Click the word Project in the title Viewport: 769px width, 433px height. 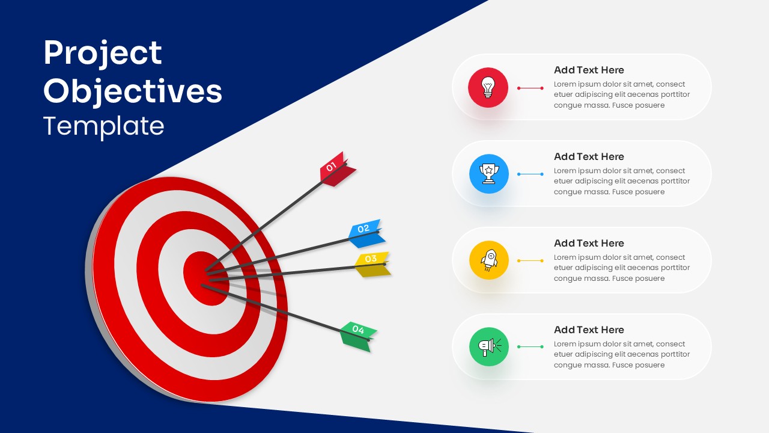click(x=103, y=54)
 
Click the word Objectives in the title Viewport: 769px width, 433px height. click(x=133, y=91)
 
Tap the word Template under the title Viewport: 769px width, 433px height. click(x=104, y=126)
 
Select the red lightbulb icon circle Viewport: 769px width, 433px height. click(x=488, y=88)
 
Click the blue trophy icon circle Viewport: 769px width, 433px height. click(x=489, y=174)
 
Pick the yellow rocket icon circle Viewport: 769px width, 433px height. click(x=489, y=260)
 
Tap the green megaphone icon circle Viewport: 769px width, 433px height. click(x=489, y=347)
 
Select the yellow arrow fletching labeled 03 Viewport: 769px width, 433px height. click(x=372, y=263)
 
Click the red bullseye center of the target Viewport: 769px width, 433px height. click(x=204, y=278)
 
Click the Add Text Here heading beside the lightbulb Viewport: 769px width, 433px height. click(x=589, y=70)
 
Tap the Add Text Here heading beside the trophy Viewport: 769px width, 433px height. click(x=589, y=156)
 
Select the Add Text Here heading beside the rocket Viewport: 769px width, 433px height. click(x=589, y=243)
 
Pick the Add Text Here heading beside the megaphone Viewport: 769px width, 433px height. click(x=589, y=330)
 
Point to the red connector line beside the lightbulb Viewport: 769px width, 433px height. click(x=530, y=88)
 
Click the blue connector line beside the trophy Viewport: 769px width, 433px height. click(x=530, y=174)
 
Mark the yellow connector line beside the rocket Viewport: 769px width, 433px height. click(x=530, y=261)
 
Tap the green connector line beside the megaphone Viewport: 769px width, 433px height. click(x=530, y=347)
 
